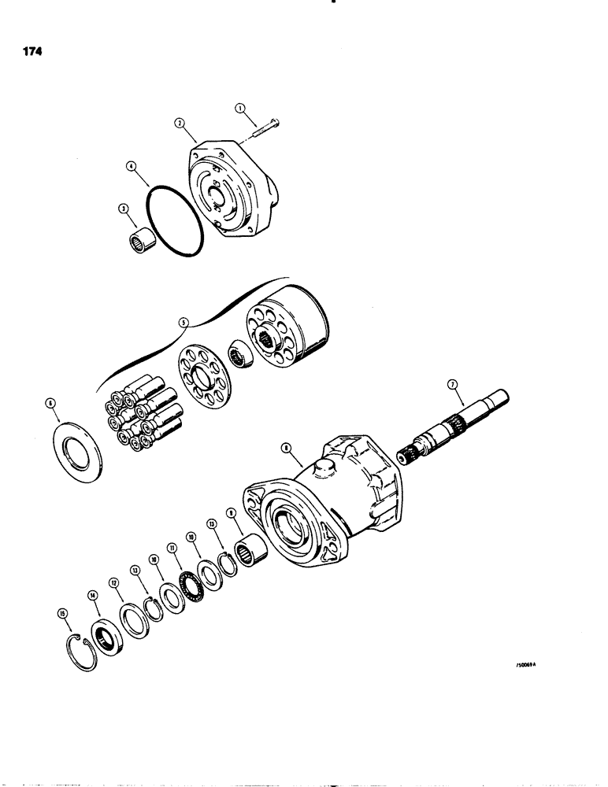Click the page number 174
[x=32, y=53]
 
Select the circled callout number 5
[x=183, y=321]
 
